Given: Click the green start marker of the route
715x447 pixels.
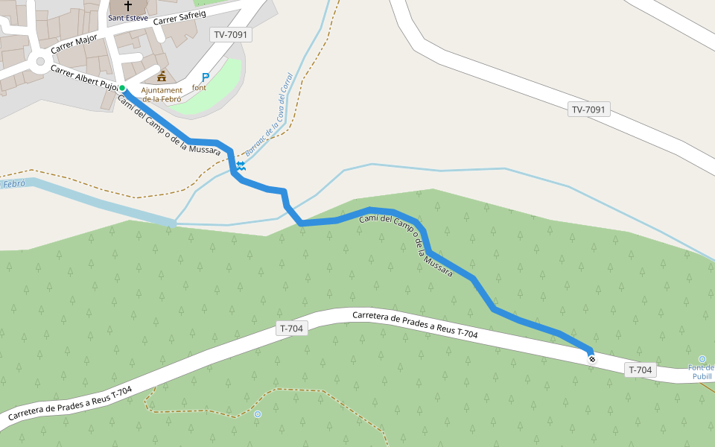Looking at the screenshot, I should [x=122, y=88].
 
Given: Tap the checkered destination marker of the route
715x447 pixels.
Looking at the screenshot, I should [x=592, y=359].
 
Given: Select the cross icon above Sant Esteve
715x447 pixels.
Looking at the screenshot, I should [x=128, y=6].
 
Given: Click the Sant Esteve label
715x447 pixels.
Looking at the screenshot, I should [x=127, y=17].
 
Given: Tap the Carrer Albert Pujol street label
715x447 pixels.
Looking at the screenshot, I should [x=84, y=77].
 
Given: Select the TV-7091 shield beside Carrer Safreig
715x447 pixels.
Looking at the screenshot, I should [x=231, y=34].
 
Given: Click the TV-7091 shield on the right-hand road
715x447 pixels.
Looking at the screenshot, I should [x=589, y=110].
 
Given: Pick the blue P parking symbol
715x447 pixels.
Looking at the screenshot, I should [x=206, y=77].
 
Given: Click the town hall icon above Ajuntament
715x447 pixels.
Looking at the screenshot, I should [x=162, y=77].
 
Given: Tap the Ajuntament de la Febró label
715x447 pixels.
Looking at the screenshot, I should [x=162, y=95].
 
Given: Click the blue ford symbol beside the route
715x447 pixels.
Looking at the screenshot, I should [x=241, y=165].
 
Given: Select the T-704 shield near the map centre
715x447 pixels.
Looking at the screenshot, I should [x=292, y=328].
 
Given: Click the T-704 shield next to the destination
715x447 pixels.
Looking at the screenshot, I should [x=641, y=370].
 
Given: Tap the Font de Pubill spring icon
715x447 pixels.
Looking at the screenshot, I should [x=702, y=359].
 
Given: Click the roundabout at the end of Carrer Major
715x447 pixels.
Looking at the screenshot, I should [x=37, y=60].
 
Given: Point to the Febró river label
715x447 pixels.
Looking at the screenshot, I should [x=13, y=183].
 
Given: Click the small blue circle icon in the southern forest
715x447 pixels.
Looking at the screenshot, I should [x=258, y=413].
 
